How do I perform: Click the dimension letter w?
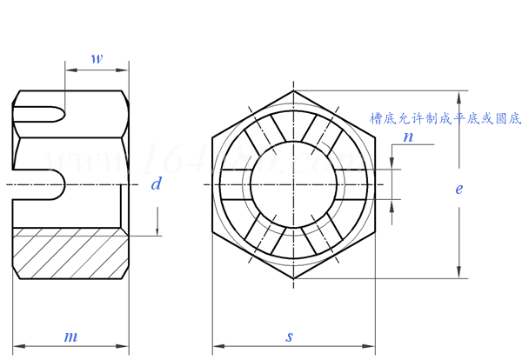click(97, 60)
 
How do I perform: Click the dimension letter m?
click(71, 337)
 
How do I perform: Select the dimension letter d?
click(156, 183)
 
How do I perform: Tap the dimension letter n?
click(408, 137)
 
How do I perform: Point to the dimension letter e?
click(458, 188)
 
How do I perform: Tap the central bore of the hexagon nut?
click(292, 184)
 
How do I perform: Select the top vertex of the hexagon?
click(292, 90)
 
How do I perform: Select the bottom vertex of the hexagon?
click(292, 278)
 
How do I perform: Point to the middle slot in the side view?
click(39, 185)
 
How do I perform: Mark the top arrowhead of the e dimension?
click(458, 95)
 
